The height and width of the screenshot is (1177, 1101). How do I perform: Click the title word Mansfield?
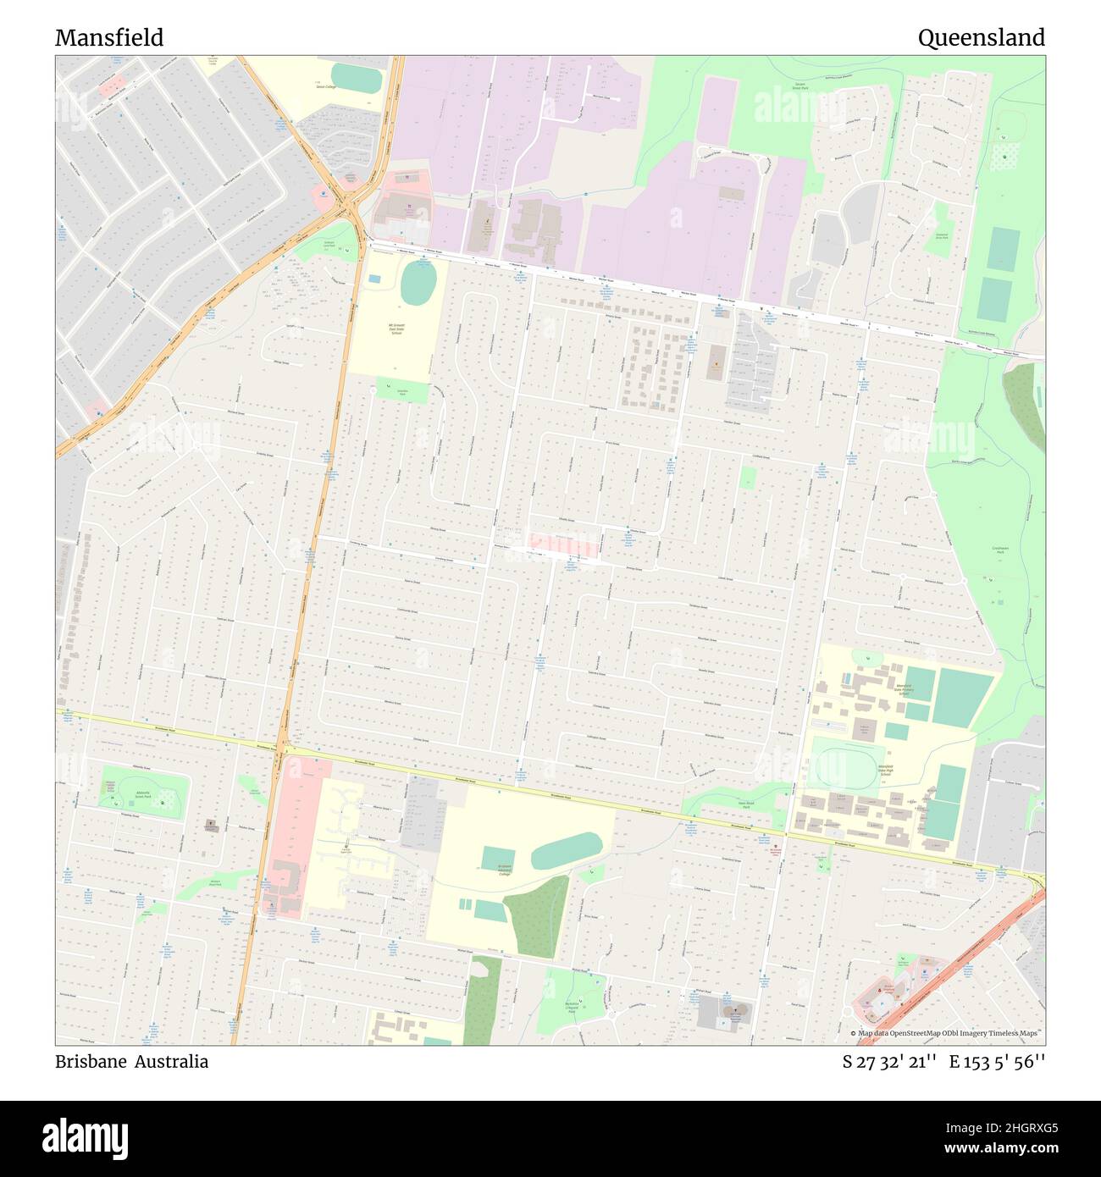click(109, 38)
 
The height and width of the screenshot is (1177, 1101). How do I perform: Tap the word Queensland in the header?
click(981, 38)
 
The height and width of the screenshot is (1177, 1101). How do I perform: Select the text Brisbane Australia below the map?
click(131, 1062)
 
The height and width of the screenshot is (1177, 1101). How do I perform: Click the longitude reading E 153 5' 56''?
click(997, 1062)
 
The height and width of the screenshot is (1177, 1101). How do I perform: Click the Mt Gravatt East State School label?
click(396, 329)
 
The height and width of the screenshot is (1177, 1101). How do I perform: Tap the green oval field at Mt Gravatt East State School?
click(418, 283)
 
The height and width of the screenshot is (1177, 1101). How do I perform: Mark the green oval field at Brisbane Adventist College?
click(566, 850)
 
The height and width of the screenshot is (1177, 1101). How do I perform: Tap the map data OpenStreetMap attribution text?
click(947, 1033)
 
